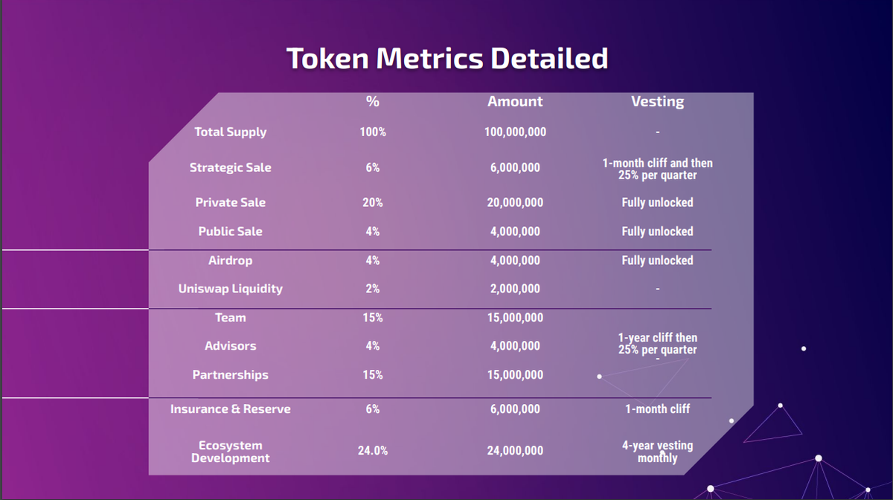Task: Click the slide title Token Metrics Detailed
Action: [x=447, y=58]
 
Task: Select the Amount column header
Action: [x=515, y=102]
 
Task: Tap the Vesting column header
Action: [x=657, y=102]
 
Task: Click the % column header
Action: [x=373, y=102]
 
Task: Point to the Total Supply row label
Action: [x=230, y=132]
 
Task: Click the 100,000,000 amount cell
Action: [x=515, y=132]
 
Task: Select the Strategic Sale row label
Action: [x=230, y=168]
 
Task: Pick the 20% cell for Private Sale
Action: [x=373, y=202]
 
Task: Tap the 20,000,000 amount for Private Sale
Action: [x=515, y=202]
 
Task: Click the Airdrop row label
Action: [x=230, y=260]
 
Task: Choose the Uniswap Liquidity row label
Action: [x=230, y=289]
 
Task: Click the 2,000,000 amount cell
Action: [x=515, y=289]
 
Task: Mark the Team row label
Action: [x=230, y=318]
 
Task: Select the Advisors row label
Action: [x=230, y=346]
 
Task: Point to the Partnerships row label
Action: [x=230, y=375]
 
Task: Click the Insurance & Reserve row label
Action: [x=230, y=409]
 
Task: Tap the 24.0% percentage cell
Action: [x=373, y=451]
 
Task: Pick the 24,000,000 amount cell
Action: [x=515, y=451]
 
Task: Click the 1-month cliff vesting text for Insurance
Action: [x=657, y=409]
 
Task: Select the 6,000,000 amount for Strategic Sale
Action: [x=515, y=168]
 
